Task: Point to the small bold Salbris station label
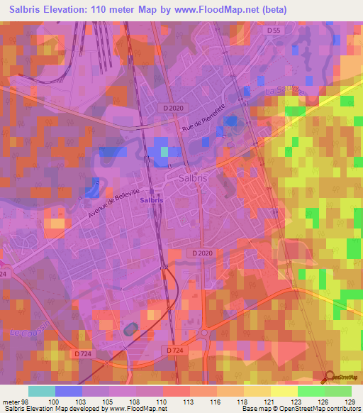coord(152,201)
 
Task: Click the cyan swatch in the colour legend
coord(42,392)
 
